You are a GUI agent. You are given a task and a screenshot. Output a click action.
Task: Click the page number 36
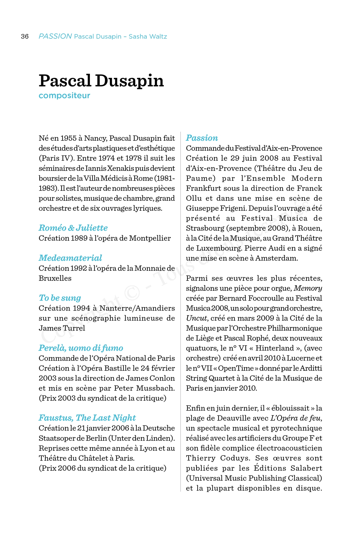[25, 37]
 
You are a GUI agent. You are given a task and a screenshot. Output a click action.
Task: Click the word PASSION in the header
[55, 36]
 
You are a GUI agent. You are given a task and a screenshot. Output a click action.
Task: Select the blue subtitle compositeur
[64, 95]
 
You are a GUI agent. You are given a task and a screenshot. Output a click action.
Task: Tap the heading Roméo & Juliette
[73, 228]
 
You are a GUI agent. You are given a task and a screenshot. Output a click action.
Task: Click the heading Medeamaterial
[70, 258]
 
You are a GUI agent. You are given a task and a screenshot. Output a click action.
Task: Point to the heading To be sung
[60, 298]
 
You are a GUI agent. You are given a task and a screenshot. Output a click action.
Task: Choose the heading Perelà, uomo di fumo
[81, 348]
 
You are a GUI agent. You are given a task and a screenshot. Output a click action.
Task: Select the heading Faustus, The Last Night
[87, 418]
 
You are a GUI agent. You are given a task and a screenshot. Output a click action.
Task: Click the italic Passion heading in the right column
[202, 138]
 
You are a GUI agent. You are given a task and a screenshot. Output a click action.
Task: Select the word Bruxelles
[55, 278]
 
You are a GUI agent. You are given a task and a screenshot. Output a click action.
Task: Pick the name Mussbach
[155, 388]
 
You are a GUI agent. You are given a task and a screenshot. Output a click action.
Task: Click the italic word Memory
[308, 288]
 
